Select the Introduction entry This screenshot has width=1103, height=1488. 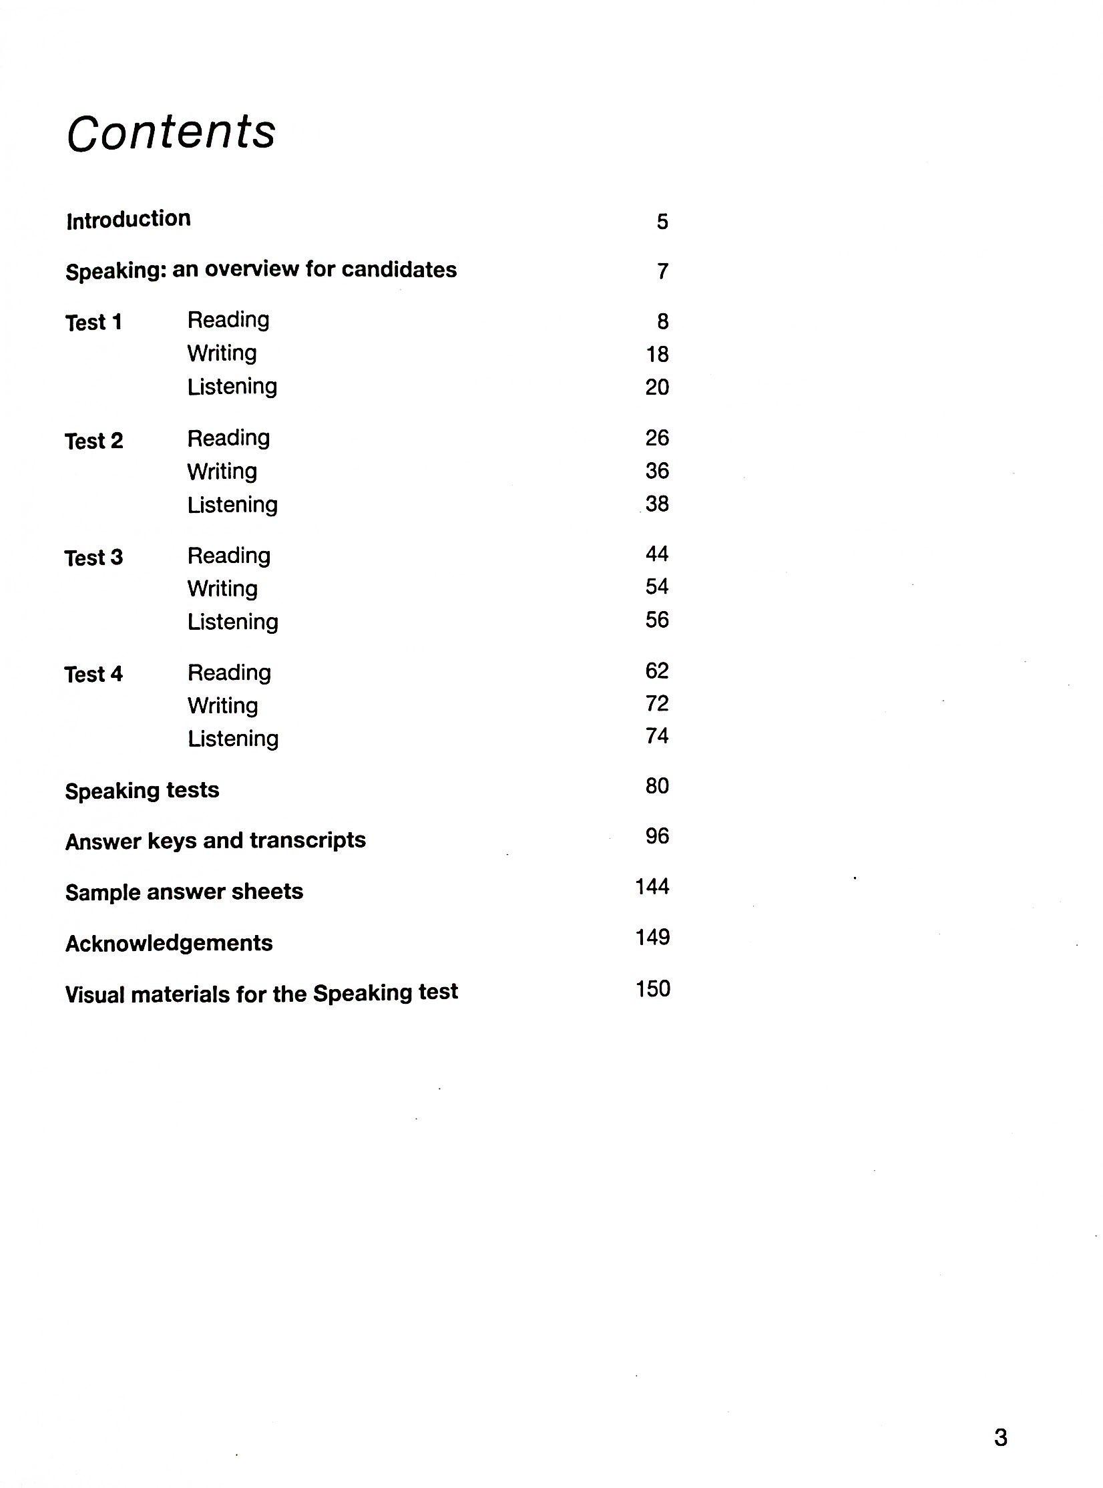[128, 220]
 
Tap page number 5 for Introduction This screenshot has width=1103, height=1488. [662, 222]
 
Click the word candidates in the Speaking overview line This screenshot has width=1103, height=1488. [399, 270]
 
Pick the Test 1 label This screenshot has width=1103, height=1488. [93, 323]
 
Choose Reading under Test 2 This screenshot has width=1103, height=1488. [228, 438]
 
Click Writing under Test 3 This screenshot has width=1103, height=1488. [222, 588]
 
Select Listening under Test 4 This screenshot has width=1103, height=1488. [233, 739]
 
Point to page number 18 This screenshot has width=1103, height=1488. [657, 354]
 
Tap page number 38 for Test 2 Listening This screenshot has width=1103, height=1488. [657, 504]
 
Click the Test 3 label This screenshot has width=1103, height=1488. [93, 558]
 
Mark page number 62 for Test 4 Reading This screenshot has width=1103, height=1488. [657, 671]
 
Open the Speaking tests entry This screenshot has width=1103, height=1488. [142, 791]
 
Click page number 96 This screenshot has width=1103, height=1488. [657, 836]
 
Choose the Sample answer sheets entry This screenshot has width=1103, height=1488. [184, 892]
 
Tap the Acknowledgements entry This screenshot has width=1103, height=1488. [169, 943]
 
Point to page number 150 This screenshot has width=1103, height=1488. [652, 989]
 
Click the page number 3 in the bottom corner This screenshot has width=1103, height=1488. [1000, 1437]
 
